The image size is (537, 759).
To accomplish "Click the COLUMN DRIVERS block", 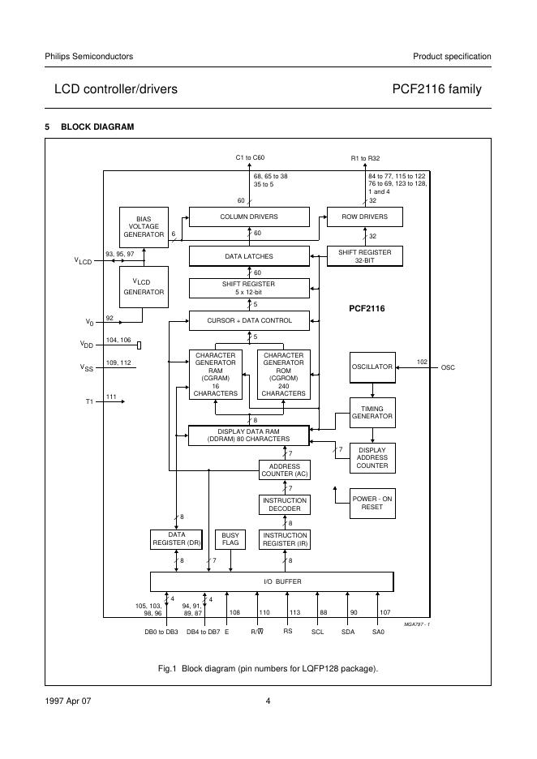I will click(249, 217).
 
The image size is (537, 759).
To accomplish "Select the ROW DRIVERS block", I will click(364, 217).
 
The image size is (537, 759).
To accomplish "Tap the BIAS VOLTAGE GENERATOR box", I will click(144, 226).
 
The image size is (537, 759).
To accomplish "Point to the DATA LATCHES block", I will click(249, 256).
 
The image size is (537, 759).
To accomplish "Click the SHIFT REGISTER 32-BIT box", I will click(364, 256).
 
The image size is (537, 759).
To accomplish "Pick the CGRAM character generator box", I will click(215, 374).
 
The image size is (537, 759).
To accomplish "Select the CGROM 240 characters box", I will click(283, 374).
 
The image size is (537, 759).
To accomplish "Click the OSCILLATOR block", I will click(372, 367).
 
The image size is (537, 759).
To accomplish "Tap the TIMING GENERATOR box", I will click(372, 413).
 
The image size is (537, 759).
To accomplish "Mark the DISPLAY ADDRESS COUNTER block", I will click(372, 458).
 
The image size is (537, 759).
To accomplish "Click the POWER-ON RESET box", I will click(372, 503).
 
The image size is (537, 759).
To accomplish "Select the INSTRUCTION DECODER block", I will click(284, 504).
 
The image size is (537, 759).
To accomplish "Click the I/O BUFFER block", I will click(272, 582).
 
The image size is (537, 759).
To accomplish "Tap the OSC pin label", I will click(448, 367).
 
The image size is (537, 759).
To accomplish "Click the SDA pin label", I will click(348, 632).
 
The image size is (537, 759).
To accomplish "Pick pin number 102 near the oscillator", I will click(422, 362).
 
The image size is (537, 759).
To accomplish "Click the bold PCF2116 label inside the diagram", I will click(367, 309).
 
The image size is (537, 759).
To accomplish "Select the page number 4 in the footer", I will click(268, 701).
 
